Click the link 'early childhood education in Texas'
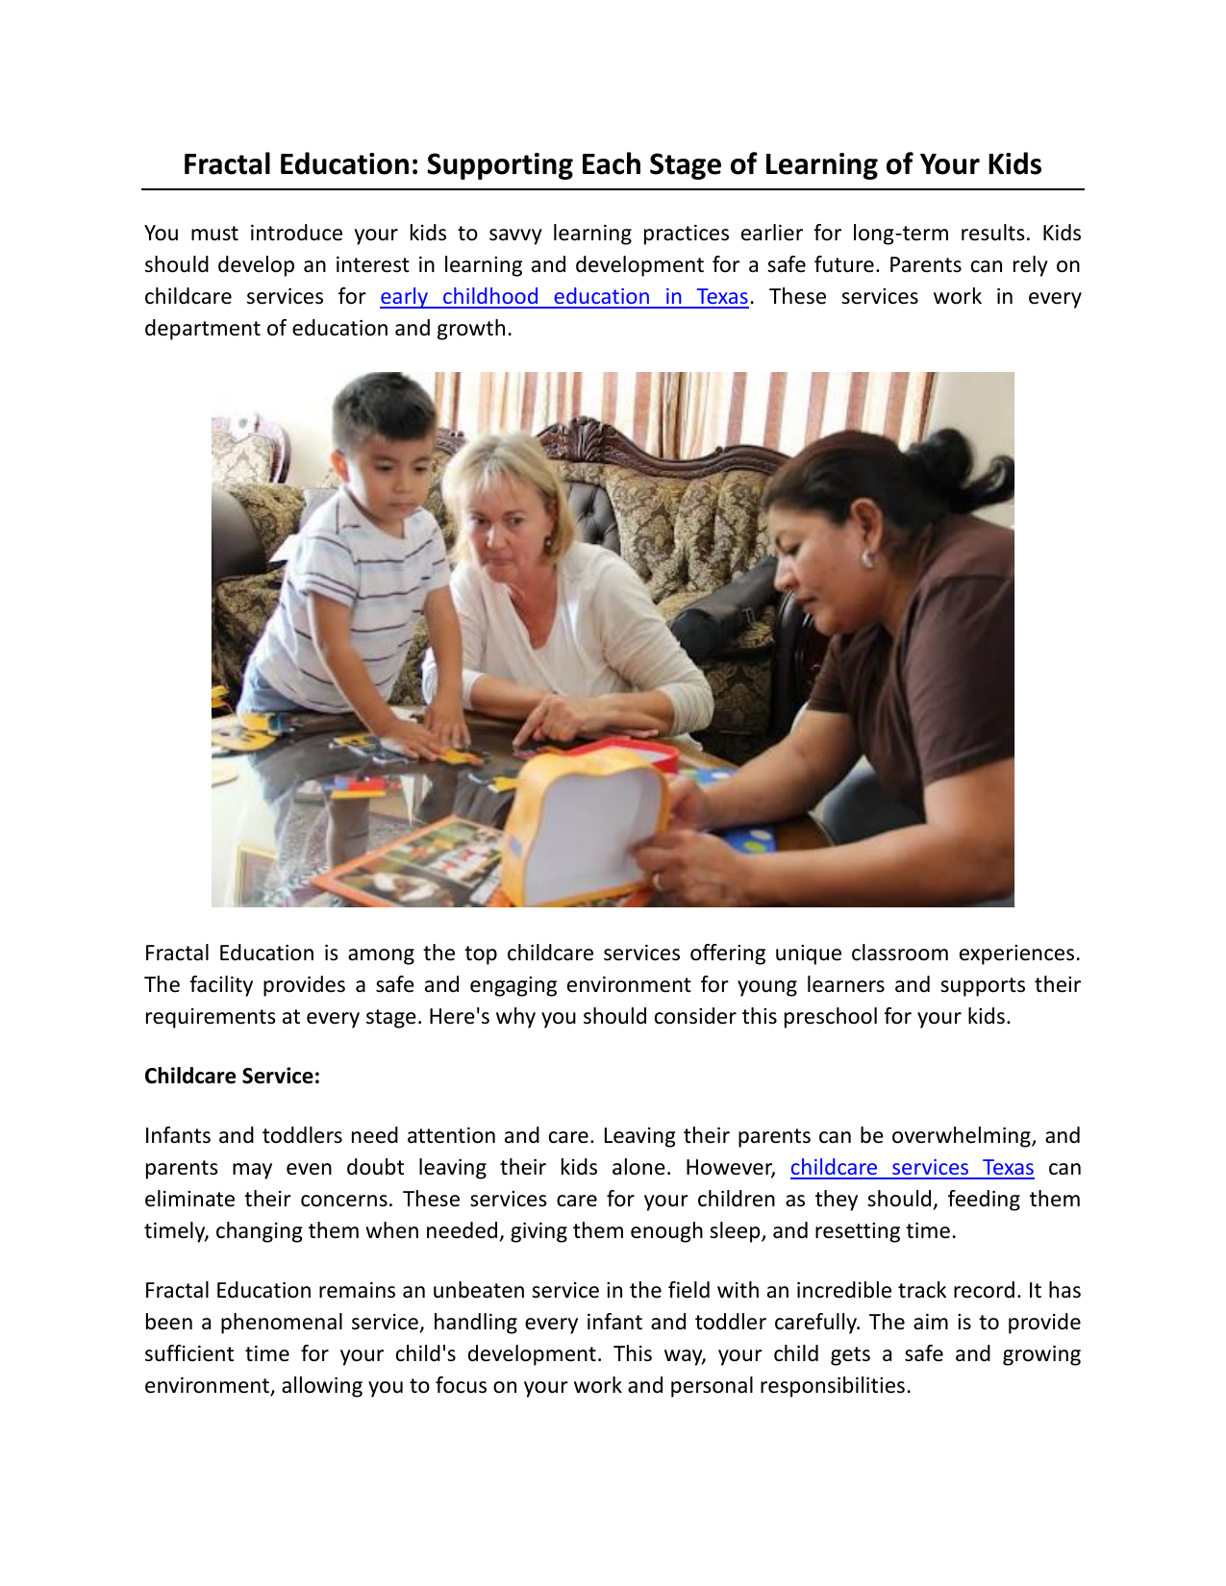(x=563, y=297)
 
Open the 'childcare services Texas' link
(x=912, y=1168)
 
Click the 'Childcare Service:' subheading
(x=232, y=1077)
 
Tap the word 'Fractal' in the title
(x=227, y=164)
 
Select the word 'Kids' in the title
(x=1013, y=164)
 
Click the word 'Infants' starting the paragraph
(x=178, y=1136)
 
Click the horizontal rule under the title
(x=613, y=189)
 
